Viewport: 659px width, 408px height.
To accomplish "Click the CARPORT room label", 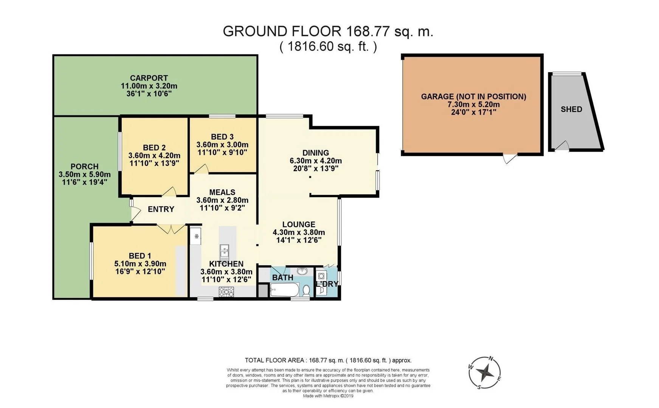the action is (149, 78).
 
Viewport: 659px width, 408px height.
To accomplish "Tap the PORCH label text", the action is (85, 167).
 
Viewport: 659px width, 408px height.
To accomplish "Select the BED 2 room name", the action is (154, 148).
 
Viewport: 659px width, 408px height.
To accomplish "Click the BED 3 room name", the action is (222, 137).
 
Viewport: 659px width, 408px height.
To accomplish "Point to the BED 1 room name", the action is (140, 256).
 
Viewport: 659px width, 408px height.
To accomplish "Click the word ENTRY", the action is (161, 209).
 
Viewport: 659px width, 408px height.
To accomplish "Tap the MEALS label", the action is (222, 192).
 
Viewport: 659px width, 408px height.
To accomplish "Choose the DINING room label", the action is (316, 153).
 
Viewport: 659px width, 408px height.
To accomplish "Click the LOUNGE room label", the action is (299, 224).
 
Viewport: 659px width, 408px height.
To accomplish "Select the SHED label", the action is (571, 109).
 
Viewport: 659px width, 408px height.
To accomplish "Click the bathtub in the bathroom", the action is (285, 290).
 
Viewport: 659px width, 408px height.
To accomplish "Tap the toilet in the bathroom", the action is (306, 290).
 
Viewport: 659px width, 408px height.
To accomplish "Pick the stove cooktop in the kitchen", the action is (226, 292).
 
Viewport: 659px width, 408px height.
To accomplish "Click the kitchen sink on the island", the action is (225, 250).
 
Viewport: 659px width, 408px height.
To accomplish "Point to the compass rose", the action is (485, 373).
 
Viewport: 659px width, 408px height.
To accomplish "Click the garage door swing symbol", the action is (509, 158).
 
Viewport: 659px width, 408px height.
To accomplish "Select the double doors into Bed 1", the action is (171, 229).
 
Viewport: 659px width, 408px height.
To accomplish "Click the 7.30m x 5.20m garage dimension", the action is (473, 104).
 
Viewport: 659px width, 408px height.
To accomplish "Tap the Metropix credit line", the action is (328, 396).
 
